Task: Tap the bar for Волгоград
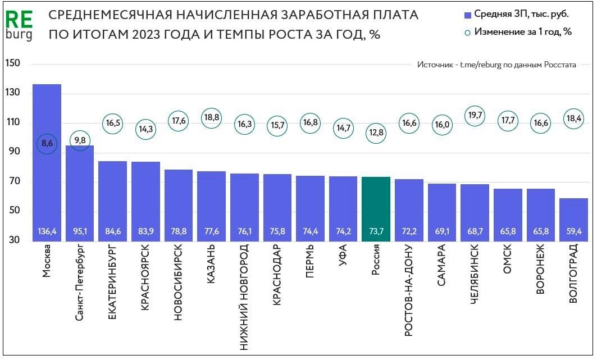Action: (573, 220)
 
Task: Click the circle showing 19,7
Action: (475, 116)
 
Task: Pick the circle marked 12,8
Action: (376, 133)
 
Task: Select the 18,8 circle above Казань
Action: (211, 117)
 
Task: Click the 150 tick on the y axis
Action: (13, 63)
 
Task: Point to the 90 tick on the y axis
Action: (13, 152)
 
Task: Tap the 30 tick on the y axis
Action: (13, 241)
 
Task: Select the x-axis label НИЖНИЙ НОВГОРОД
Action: (244, 298)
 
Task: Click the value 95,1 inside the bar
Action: (79, 231)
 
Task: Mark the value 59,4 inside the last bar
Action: (573, 231)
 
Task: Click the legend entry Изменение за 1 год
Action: (517, 31)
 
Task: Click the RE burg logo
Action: (19, 25)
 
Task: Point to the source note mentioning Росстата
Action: (496, 65)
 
